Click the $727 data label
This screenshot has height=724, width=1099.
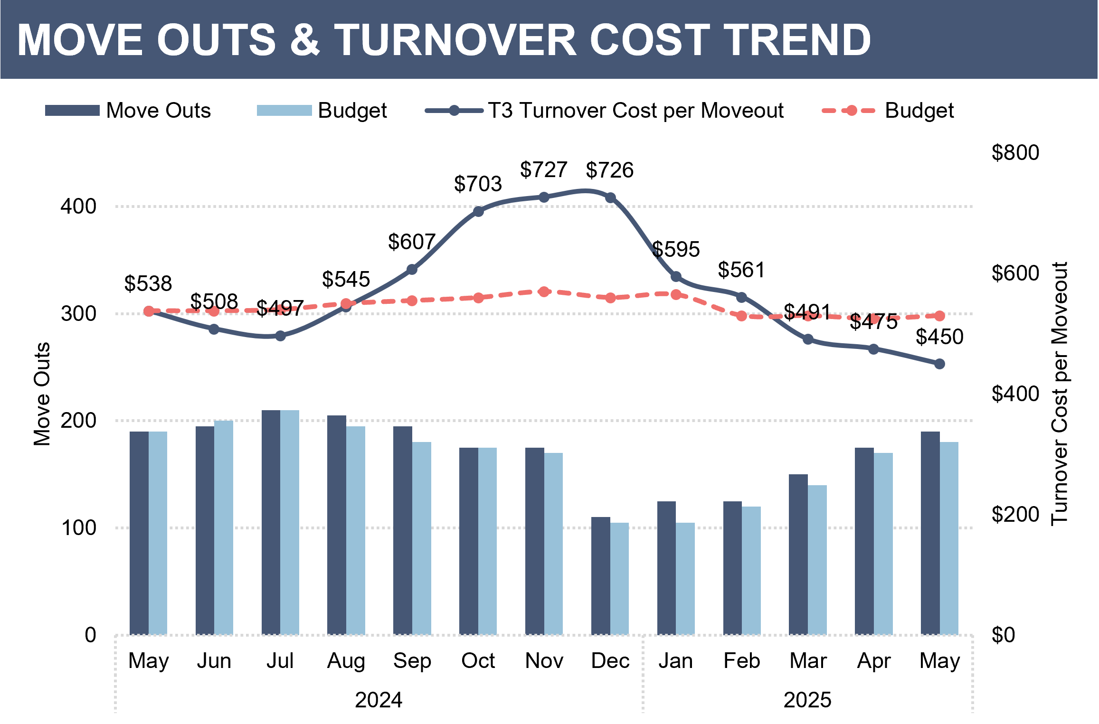(543, 169)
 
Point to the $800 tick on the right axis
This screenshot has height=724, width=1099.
(1015, 152)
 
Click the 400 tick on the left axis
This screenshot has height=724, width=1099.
(78, 207)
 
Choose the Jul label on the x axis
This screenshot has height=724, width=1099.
(280, 660)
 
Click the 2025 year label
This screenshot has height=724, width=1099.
(807, 700)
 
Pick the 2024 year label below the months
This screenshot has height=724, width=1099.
(379, 700)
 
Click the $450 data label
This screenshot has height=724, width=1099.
(939, 337)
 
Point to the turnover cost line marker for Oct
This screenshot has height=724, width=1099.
(478, 211)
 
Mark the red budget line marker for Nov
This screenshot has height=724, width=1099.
(544, 291)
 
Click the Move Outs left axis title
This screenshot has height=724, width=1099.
(42, 394)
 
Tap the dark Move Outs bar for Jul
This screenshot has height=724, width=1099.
(271, 522)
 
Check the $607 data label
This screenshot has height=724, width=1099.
(411, 242)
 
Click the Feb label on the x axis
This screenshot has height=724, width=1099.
(741, 660)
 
